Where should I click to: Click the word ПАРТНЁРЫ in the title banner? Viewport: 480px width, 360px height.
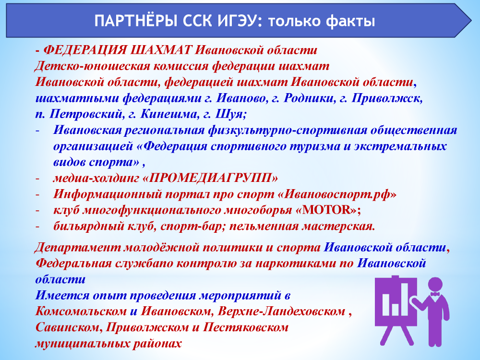(136, 21)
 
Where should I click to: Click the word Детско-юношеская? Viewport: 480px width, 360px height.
(92, 66)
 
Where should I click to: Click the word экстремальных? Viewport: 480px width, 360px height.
(400, 146)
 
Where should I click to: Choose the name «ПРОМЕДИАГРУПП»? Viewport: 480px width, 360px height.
(210, 178)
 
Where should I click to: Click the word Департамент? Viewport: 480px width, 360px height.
(78, 248)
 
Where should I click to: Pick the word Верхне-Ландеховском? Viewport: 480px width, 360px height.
(281, 312)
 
